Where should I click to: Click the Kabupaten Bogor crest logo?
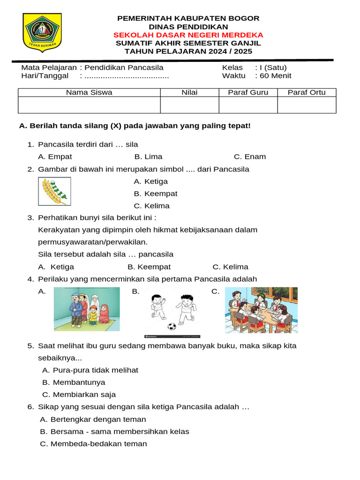click(42, 33)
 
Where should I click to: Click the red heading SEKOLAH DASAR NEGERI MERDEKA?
click(188, 35)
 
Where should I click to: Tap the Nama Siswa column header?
click(89, 92)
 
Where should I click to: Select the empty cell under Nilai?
click(189, 105)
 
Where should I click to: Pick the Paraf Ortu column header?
click(307, 92)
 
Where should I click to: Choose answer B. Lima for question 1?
click(148, 157)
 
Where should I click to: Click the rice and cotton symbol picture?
click(54, 191)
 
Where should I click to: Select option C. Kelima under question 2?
click(151, 206)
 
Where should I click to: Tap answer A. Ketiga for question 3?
click(56, 267)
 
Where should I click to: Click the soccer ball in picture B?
click(172, 326)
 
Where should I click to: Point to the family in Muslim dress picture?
click(87, 309)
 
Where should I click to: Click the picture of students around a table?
click(261, 310)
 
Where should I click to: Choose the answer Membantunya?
click(74, 382)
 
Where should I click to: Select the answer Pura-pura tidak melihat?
click(90, 370)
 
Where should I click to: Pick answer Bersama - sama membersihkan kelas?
click(115, 431)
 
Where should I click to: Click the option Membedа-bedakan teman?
click(93, 443)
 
